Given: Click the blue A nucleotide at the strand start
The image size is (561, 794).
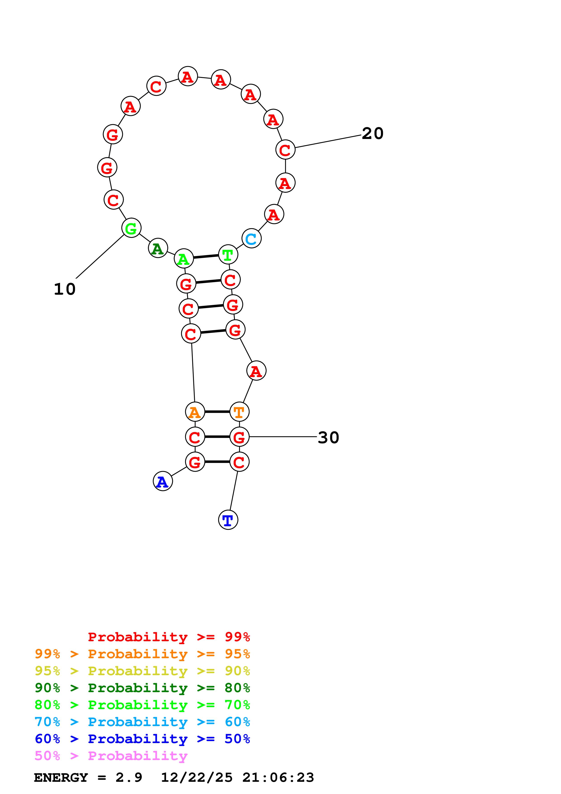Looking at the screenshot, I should [x=162, y=481].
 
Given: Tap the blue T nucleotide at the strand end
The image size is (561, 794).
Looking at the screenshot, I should [x=228, y=519].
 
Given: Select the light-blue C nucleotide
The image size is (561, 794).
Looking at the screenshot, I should [x=251, y=238].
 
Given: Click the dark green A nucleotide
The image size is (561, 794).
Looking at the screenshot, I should [x=158, y=248].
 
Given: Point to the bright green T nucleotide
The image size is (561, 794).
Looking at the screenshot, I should [x=228, y=255].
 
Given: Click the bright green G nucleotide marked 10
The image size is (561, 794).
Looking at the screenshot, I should [x=131, y=228].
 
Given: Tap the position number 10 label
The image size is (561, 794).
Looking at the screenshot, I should [x=65, y=289].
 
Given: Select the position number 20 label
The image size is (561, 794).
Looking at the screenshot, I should [x=373, y=134].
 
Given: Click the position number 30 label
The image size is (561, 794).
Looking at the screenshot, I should [x=328, y=438].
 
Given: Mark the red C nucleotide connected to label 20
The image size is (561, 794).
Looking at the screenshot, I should [x=285, y=150].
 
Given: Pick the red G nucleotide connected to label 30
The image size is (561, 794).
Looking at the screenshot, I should [x=239, y=437].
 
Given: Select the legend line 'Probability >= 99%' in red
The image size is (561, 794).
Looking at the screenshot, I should [x=169, y=637].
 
